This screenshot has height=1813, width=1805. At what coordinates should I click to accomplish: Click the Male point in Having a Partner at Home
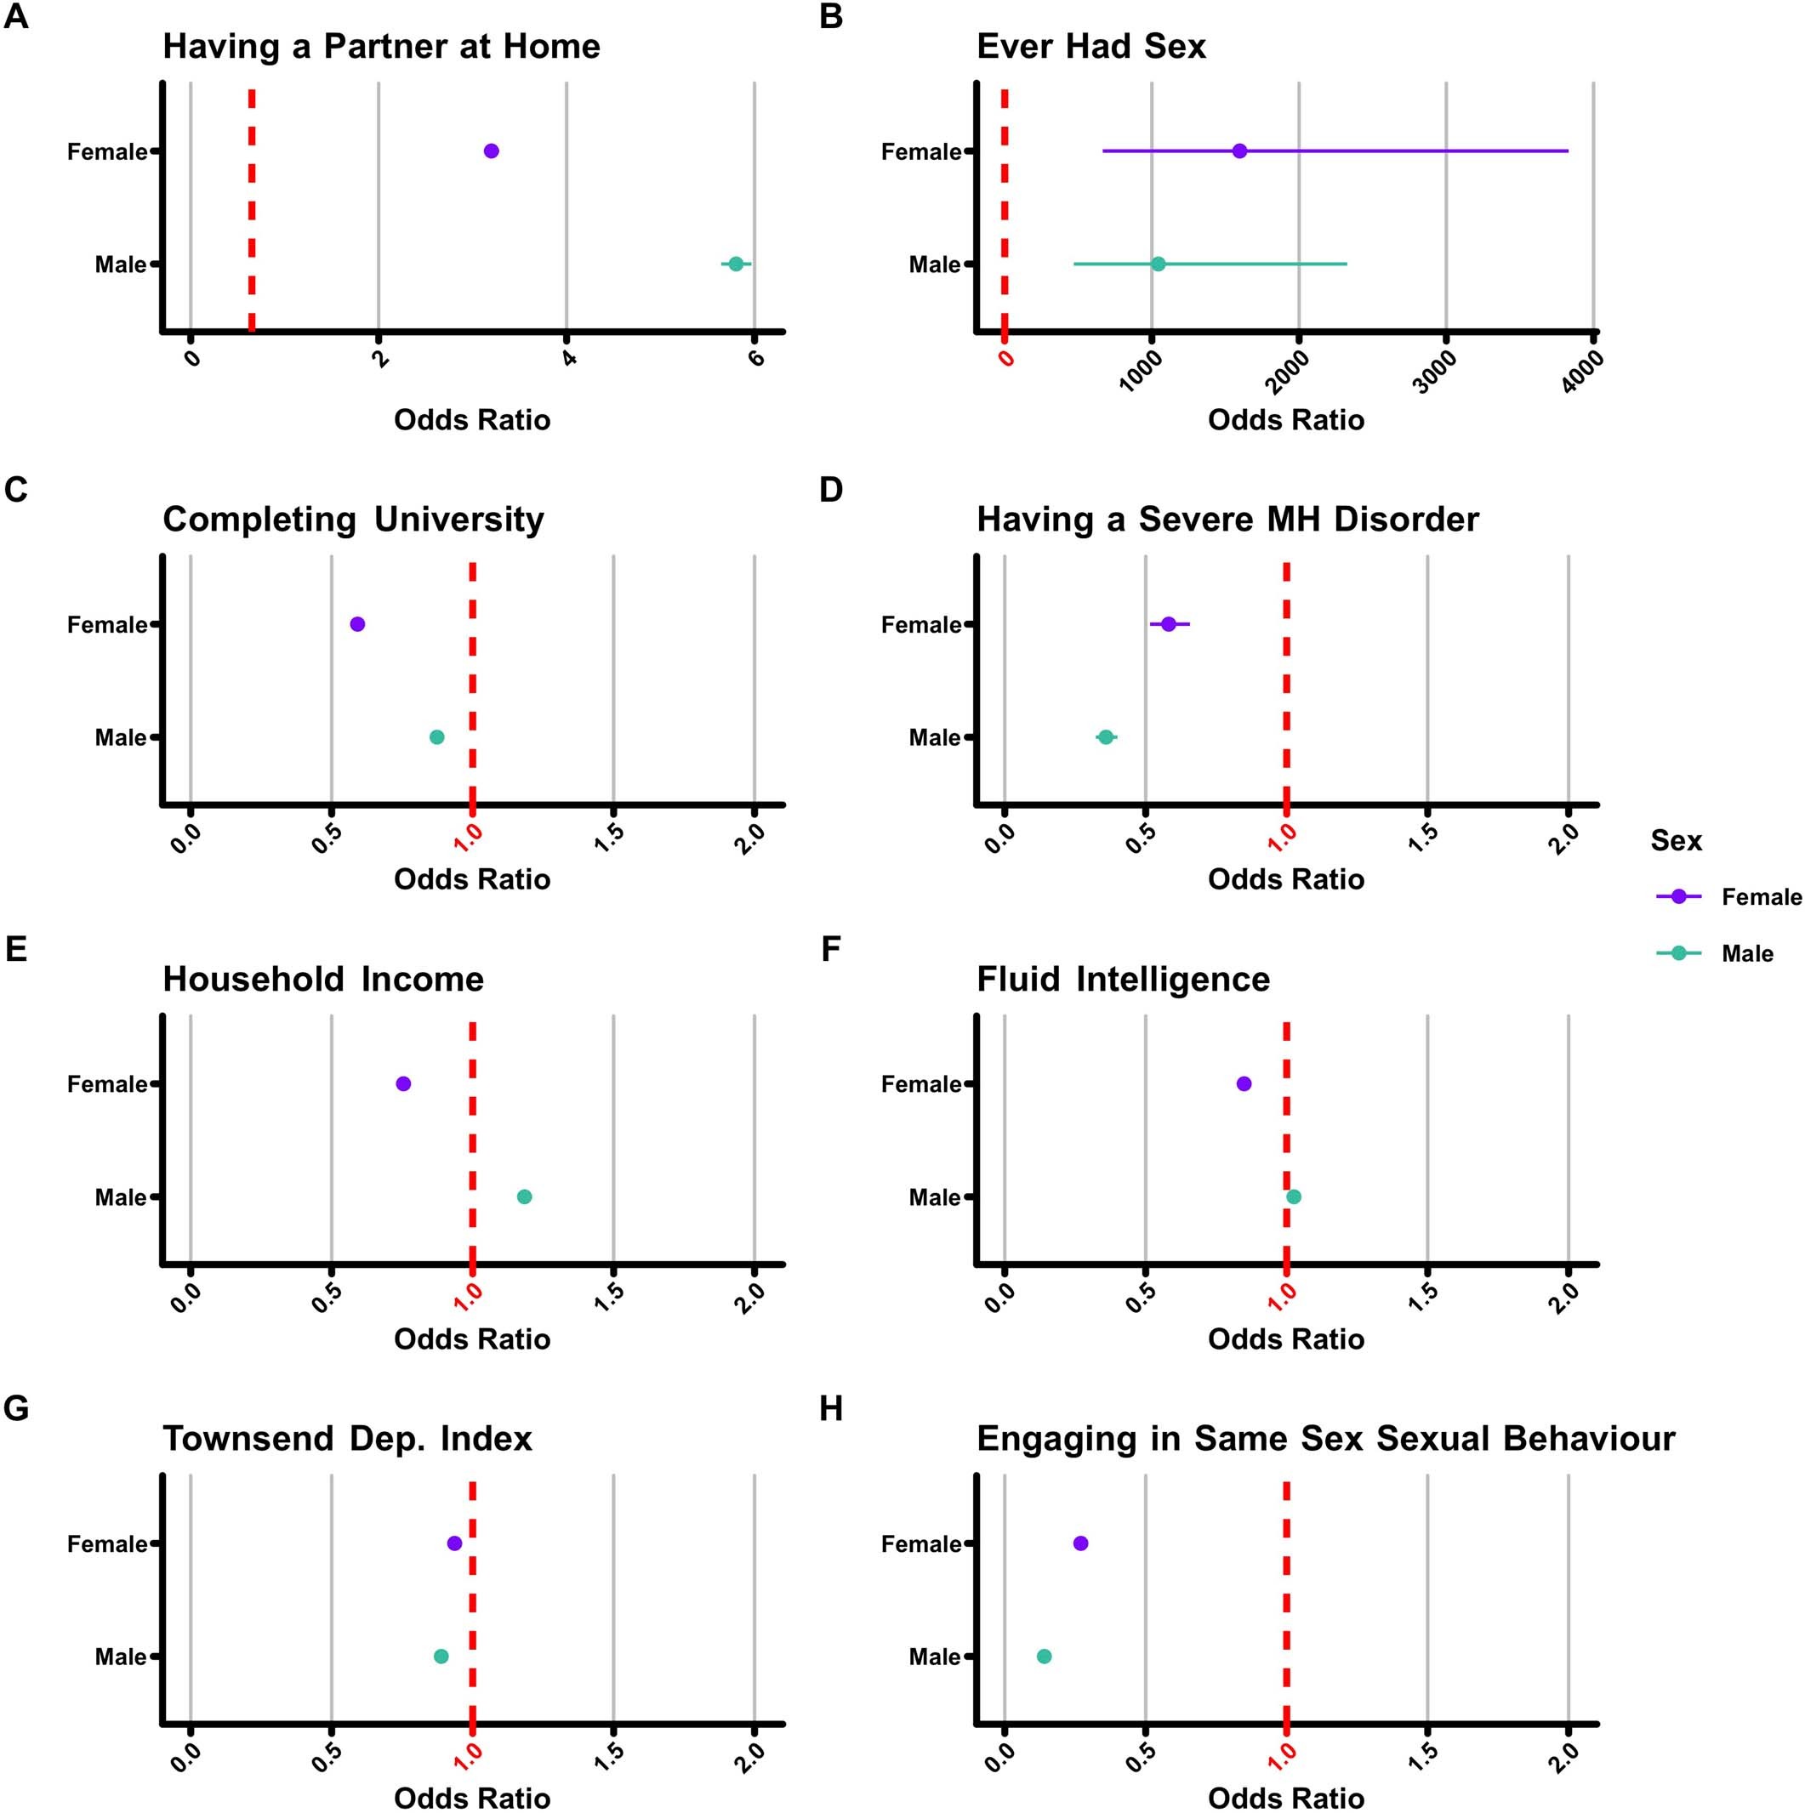pyautogui.click(x=736, y=264)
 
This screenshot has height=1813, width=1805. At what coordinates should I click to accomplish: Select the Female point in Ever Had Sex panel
pyautogui.click(x=1239, y=151)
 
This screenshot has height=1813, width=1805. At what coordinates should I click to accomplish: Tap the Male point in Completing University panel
pyautogui.click(x=436, y=736)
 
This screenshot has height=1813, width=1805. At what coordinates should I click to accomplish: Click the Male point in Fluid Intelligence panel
pyautogui.click(x=1294, y=1196)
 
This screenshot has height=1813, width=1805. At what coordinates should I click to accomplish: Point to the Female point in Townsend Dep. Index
pyautogui.click(x=454, y=1543)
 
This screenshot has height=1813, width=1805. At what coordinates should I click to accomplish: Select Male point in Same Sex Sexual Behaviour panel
pyautogui.click(x=1044, y=1656)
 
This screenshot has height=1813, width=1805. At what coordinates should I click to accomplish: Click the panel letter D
pyautogui.click(x=831, y=489)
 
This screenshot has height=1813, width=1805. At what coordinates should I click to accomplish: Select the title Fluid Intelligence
pyautogui.click(x=1123, y=979)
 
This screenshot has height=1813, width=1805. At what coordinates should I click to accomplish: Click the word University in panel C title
pyautogui.click(x=458, y=519)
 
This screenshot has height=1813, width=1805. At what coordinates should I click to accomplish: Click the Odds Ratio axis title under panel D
pyautogui.click(x=1285, y=878)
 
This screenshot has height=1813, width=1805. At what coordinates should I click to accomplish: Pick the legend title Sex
pyautogui.click(x=1676, y=840)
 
